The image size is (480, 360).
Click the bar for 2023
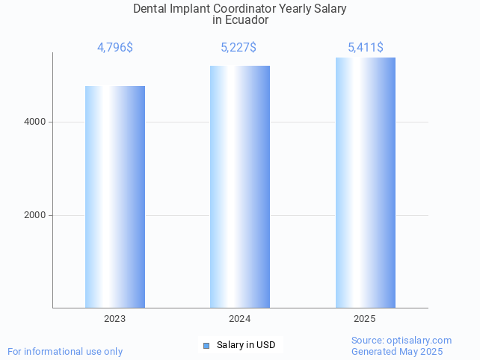[115, 196]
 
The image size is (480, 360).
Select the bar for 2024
[240, 187]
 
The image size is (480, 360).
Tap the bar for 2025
[365, 182]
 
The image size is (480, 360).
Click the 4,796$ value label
[115, 48]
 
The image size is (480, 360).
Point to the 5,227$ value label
[239, 48]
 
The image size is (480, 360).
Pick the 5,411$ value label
[366, 48]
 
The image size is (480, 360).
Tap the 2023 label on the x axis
[115, 319]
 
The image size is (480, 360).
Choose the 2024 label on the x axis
[240, 319]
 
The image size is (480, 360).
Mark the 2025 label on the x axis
[365, 319]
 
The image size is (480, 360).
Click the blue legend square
[206, 345]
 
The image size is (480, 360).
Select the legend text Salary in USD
[246, 345]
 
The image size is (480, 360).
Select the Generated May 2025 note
[397, 351]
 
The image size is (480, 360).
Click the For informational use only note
[65, 351]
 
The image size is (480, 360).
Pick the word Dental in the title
[150, 9]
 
